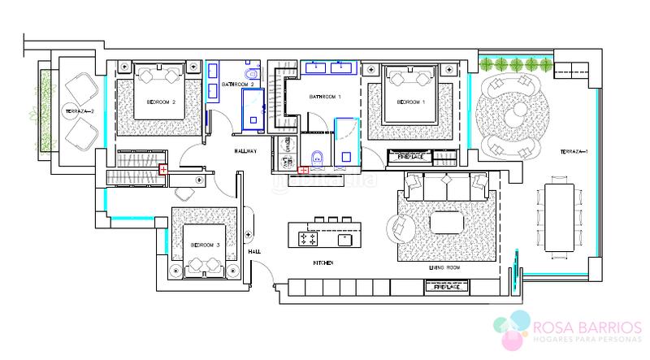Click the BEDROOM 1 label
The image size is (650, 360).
pos(411,102)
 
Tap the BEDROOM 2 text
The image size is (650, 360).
pos(162,102)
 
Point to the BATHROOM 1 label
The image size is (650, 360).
pos(326,97)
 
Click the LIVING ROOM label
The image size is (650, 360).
pos(444,267)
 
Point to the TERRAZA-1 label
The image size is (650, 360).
pos(574,152)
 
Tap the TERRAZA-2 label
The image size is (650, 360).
pos(81,111)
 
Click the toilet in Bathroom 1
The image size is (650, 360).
pos(318,157)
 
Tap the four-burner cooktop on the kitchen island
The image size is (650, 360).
pos(309,239)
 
